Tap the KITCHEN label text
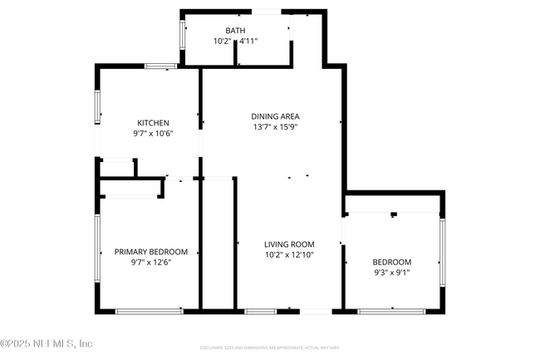tap(153, 123)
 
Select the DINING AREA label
tap(276, 116)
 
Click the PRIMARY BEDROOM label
tap(151, 252)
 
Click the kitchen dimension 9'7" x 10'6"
tap(153, 133)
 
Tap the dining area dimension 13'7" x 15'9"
tap(276, 127)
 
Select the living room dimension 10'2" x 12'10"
tap(287, 254)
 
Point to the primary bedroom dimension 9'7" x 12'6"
tap(151, 262)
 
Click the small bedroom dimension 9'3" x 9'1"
tap(391, 272)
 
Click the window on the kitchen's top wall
tap(160, 66)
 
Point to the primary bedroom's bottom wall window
tap(150, 311)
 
